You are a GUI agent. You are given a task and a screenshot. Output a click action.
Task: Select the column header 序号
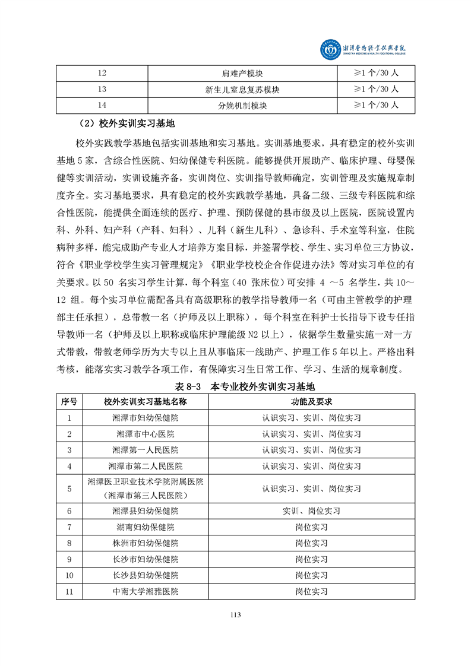[69, 401]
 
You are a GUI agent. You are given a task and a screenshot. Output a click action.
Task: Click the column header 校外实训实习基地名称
[145, 401]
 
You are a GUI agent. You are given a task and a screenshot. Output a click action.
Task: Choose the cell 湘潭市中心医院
[145, 433]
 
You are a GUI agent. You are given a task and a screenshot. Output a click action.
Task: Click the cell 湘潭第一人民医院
[145, 449]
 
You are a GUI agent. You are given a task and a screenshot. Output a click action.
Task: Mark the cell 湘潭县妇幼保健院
[145, 510]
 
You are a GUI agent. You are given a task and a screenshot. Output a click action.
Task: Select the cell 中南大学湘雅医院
[145, 591]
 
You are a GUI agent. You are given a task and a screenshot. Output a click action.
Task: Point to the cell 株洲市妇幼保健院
[145, 543]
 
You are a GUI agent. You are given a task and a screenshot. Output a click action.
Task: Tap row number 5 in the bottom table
[69, 489]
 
